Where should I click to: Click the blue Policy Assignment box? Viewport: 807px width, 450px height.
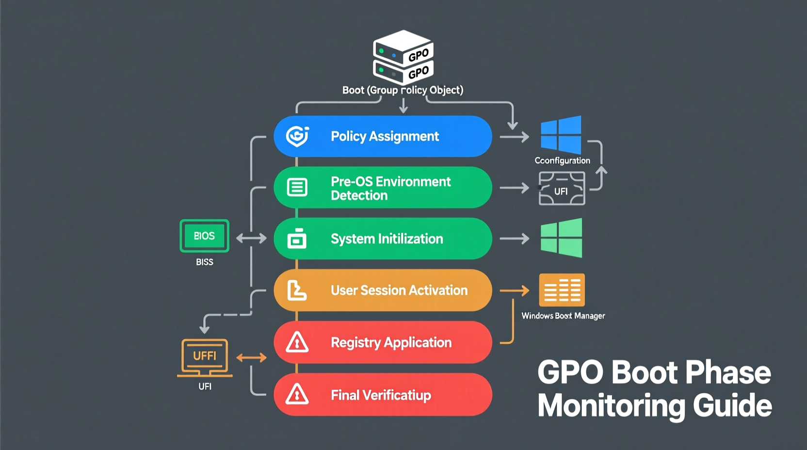pos(383,136)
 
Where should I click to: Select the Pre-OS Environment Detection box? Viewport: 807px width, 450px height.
pos(383,188)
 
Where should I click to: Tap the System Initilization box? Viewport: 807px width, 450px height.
pos(383,239)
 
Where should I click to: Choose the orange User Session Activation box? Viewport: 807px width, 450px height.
pos(383,290)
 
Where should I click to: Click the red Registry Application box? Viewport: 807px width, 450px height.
pos(383,342)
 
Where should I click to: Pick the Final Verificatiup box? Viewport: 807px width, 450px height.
pos(383,395)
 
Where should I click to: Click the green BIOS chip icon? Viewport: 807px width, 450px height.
pos(204,236)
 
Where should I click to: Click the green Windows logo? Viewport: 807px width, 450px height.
pos(561,238)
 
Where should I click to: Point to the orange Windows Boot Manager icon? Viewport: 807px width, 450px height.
pos(562,290)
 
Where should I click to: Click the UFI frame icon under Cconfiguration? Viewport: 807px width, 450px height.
pos(562,189)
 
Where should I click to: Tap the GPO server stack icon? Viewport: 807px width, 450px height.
pos(403,56)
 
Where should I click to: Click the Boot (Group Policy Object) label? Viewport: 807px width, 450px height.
pos(403,90)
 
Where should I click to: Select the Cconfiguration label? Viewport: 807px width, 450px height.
pos(562,161)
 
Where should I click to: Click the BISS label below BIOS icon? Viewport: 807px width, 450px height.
pos(204,262)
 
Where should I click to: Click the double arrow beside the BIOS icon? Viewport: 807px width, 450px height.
pos(251,238)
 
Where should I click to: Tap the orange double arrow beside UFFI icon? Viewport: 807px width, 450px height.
pos(251,358)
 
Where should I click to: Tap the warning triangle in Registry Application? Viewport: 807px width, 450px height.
pos(297,342)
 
